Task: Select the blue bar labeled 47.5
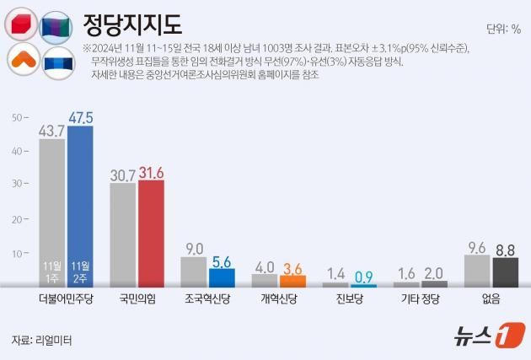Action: click(x=80, y=207)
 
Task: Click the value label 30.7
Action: click(x=123, y=175)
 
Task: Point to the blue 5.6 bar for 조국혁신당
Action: click(x=222, y=278)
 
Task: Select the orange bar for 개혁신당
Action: click(x=292, y=281)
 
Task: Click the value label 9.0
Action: click(x=194, y=248)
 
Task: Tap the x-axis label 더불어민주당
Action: click(x=66, y=299)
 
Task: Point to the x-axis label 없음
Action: click(x=491, y=299)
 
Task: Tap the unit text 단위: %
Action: click(x=503, y=28)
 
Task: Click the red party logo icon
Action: click(x=20, y=24)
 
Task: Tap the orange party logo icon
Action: click(x=20, y=60)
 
